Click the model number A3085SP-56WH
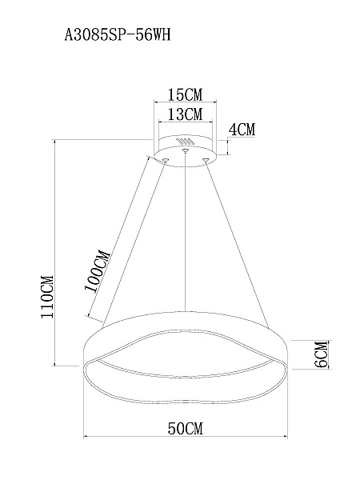pyautogui.click(x=117, y=35)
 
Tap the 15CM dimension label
pyautogui.click(x=186, y=94)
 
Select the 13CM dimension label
pyautogui.click(x=186, y=114)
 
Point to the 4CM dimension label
pyautogui.click(x=242, y=130)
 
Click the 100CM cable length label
pyautogui.click(x=97, y=271)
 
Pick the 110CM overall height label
pyautogui.click(x=47, y=297)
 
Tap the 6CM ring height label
pyautogui.click(x=321, y=354)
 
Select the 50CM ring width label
pyautogui.click(x=186, y=428)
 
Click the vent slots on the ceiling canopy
pyautogui.click(x=186, y=142)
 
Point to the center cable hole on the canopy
pyautogui.click(x=185, y=150)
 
